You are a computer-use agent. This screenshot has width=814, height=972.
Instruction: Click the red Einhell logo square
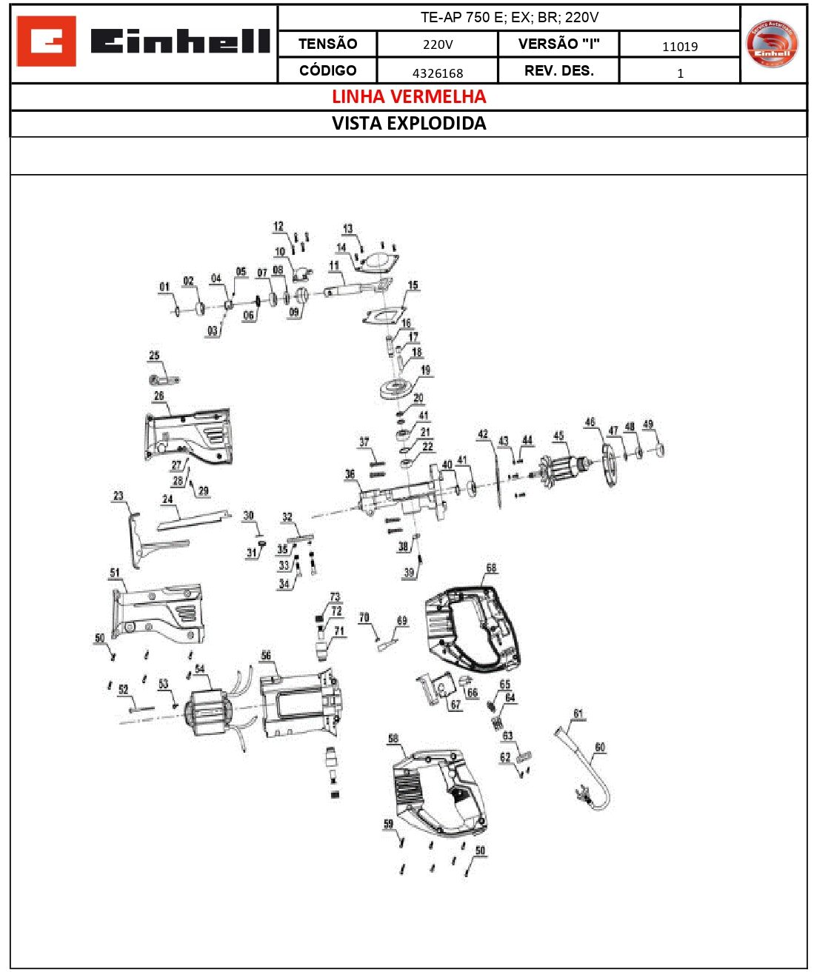46,41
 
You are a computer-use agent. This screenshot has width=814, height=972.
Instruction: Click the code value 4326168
437,73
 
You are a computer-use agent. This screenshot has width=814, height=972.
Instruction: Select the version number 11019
679,46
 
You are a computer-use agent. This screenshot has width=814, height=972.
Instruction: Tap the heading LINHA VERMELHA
408,97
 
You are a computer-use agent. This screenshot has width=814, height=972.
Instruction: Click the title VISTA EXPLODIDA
408,124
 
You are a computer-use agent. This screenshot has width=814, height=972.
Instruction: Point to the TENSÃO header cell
327,44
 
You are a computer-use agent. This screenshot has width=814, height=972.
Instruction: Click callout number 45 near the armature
558,436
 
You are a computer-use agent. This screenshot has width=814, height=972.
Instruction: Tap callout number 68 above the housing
491,568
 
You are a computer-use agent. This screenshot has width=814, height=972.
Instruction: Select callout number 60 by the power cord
600,747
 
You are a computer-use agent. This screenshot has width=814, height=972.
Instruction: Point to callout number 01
164,287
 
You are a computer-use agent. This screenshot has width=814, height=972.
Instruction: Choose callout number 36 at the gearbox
350,474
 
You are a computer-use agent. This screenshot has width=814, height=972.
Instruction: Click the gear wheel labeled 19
399,389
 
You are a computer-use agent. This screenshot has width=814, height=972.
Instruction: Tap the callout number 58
393,739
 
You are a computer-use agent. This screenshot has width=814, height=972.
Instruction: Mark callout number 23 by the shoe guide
119,496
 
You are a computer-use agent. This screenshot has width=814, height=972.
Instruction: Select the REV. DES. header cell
558,70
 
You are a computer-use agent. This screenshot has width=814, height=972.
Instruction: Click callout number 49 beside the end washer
648,425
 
